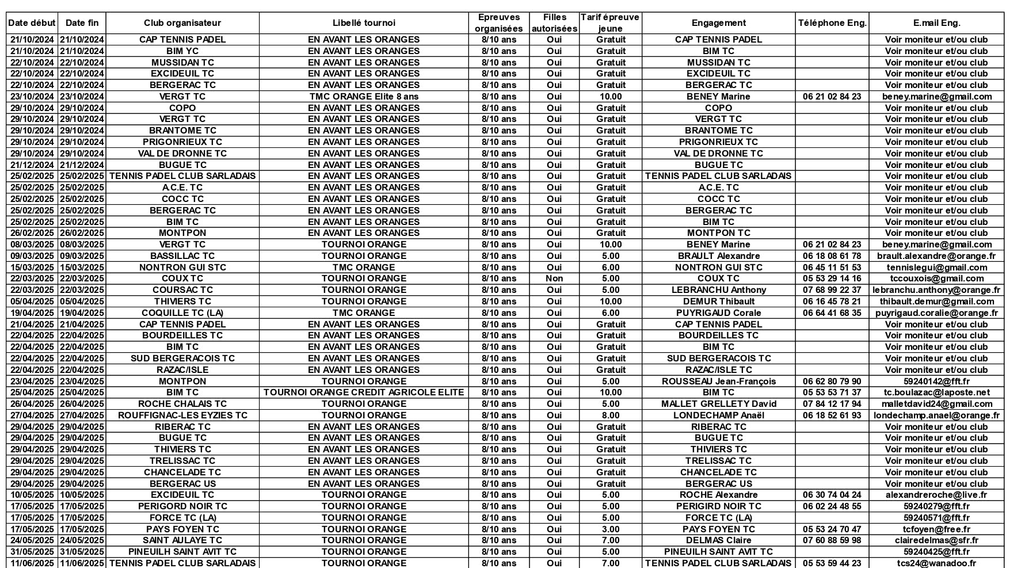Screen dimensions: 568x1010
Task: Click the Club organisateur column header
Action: pos(182,23)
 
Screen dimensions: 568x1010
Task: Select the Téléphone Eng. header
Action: pos(832,23)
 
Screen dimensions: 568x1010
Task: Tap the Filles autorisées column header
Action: pos(554,23)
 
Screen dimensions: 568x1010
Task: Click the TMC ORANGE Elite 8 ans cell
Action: pos(364,97)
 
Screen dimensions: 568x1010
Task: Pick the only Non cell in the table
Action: pos(554,279)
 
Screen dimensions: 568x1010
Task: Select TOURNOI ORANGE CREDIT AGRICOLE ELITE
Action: pos(364,392)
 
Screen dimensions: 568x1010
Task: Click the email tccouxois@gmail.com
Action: pos(936,279)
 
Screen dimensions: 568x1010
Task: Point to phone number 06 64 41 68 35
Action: pos(832,313)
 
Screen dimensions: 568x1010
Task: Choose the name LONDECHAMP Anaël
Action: pos(718,415)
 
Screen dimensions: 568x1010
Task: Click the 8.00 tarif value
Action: pos(611,415)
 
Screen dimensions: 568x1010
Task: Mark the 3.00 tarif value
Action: pos(611,529)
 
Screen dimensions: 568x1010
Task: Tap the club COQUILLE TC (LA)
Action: pos(182,313)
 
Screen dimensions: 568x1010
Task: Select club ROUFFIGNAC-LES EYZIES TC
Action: pos(182,415)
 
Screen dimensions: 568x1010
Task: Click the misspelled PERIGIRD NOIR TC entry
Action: pos(718,506)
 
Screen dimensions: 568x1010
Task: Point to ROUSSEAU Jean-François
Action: pos(718,382)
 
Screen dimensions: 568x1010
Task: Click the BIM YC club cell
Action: pos(182,51)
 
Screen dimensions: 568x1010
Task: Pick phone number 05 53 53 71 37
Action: pos(832,392)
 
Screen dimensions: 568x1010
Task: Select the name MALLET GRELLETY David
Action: pos(718,404)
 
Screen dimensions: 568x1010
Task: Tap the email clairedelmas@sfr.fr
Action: pos(936,540)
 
